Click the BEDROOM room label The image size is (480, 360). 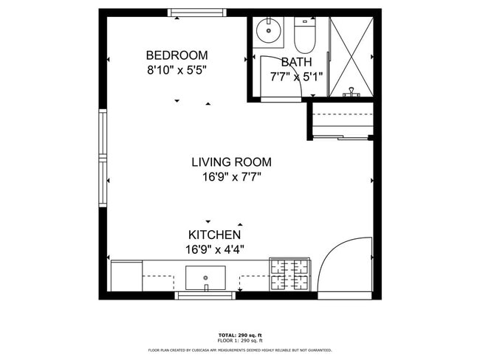click(x=176, y=55)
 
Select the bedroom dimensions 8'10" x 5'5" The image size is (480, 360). click(x=176, y=70)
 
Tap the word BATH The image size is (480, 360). click(x=296, y=62)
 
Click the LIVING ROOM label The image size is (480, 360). click(x=231, y=162)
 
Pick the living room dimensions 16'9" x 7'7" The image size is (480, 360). click(x=231, y=177)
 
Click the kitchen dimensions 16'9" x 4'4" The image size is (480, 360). click(x=214, y=249)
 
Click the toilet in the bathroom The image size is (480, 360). click(x=304, y=32)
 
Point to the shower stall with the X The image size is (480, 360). click(x=351, y=56)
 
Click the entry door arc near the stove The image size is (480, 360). click(x=344, y=266)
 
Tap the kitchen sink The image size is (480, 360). click(x=205, y=278)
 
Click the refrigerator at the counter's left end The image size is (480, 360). click(x=126, y=277)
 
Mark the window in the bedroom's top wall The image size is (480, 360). click(x=197, y=13)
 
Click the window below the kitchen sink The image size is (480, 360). click(x=205, y=296)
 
